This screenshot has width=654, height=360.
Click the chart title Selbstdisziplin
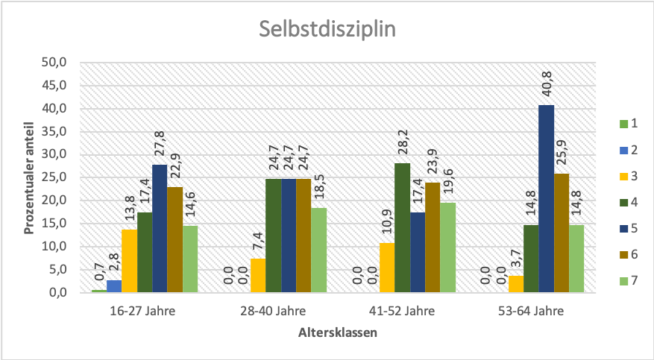coord(327,30)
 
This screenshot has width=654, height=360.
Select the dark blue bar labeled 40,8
coord(547,199)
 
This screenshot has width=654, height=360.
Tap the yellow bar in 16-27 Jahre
coord(129,261)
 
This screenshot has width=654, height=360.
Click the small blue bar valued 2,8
coord(114,286)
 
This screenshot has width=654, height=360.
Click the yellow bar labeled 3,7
coord(516,284)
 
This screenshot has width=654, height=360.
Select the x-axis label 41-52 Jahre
coord(403,312)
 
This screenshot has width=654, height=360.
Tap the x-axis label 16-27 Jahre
coord(145,312)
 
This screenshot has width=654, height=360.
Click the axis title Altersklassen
coord(338,333)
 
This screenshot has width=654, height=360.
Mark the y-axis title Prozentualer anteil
coord(29,177)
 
